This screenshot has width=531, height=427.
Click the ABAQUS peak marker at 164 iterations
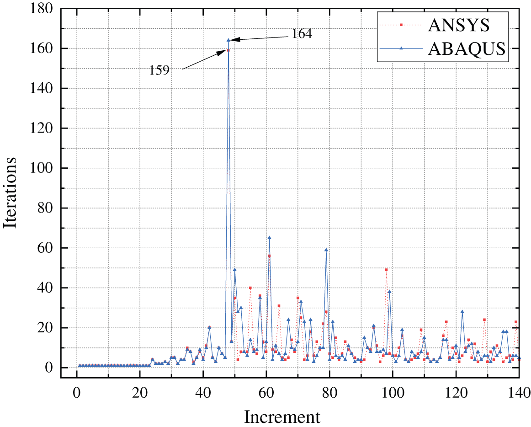coord(228,40)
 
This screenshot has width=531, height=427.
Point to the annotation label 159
coord(160,70)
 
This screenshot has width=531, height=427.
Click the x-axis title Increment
coord(282,417)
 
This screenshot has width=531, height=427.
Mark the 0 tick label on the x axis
coord(76,393)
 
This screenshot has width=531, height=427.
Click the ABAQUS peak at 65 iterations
coord(269,238)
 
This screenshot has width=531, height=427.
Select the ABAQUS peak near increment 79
coord(326,250)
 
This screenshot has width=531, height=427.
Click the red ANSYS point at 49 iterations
coord(386,270)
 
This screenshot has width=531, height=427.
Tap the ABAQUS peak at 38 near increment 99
coord(389,292)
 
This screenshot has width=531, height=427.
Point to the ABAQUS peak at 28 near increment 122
coord(462,312)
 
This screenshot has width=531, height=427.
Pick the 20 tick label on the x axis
coord(139,393)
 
